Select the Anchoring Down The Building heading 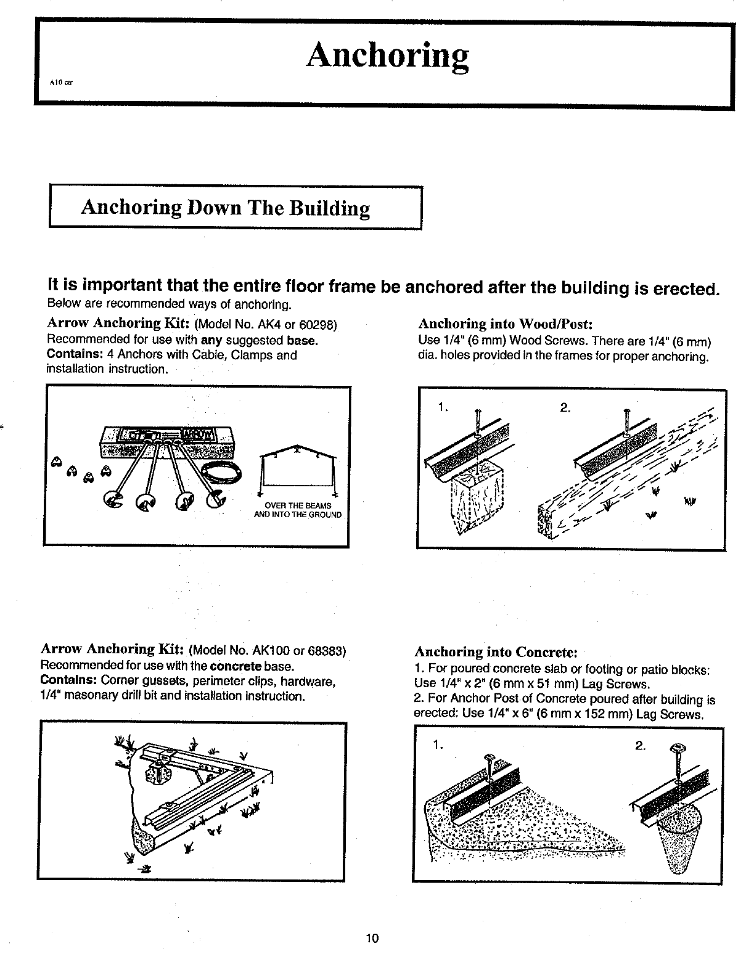pyautogui.click(x=225, y=208)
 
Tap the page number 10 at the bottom pyautogui.click(x=372, y=939)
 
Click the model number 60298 pyautogui.click(x=319, y=325)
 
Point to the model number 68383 pyautogui.click(x=327, y=651)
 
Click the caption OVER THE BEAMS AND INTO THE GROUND pyautogui.click(x=298, y=510)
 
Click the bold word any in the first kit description pyautogui.click(x=211, y=340)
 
